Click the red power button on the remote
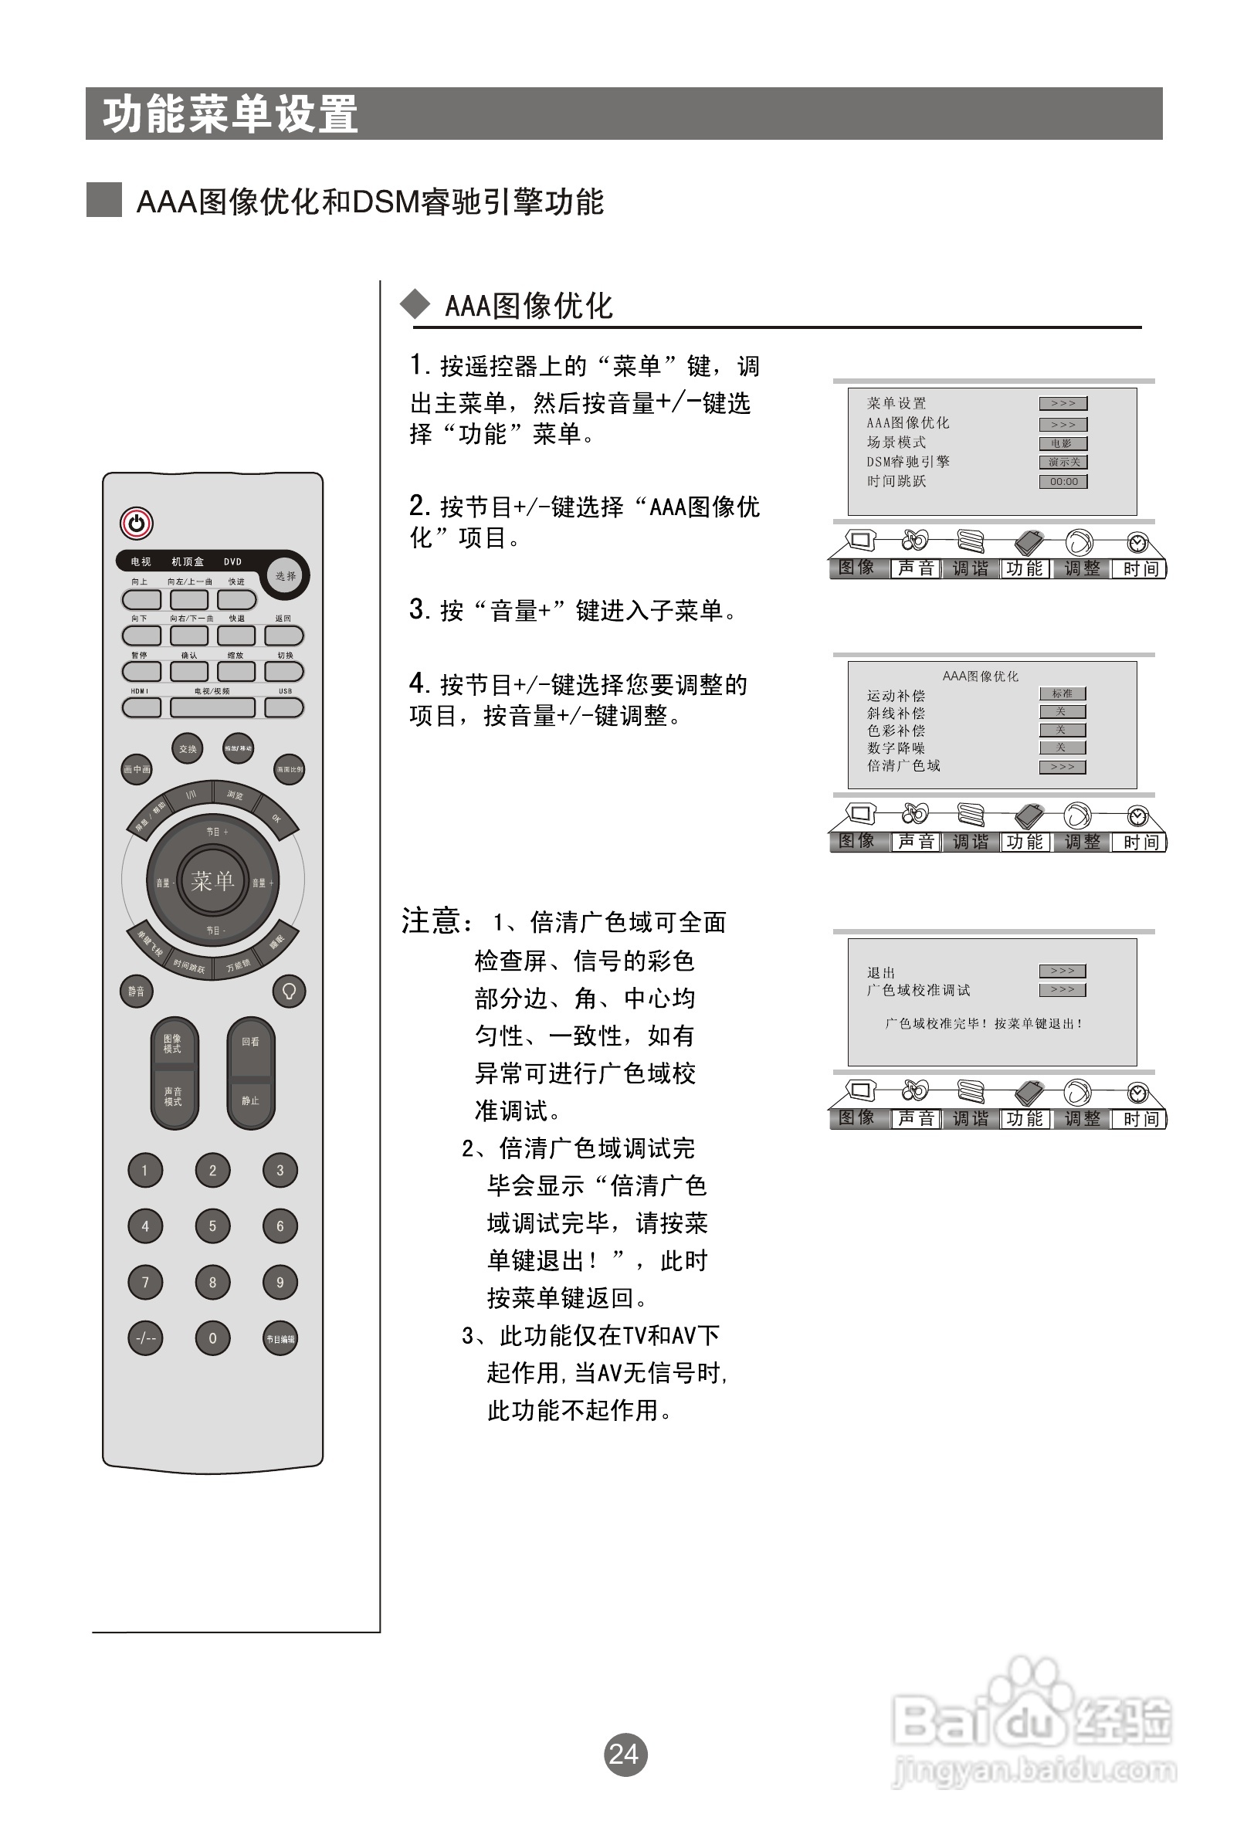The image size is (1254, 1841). (136, 523)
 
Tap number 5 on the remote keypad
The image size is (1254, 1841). (212, 1226)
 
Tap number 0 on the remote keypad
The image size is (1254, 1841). (212, 1338)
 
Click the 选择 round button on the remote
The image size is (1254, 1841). (286, 576)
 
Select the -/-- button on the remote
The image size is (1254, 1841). (145, 1338)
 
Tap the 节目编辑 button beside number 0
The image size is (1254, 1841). (280, 1339)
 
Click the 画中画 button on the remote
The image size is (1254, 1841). (136, 769)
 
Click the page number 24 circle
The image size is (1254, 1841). (625, 1754)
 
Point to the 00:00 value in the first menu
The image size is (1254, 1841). (1063, 482)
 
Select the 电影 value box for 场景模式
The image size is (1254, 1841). (1063, 443)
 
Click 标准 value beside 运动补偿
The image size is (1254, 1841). (1063, 694)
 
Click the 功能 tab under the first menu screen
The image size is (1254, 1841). (1025, 568)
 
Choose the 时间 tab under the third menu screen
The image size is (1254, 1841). (1140, 1118)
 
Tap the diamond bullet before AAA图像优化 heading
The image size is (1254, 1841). (415, 305)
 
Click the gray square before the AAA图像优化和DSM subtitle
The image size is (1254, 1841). (103, 200)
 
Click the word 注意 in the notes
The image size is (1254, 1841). (432, 921)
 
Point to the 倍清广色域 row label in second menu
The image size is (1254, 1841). (903, 766)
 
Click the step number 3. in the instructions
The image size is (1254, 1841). (419, 610)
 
